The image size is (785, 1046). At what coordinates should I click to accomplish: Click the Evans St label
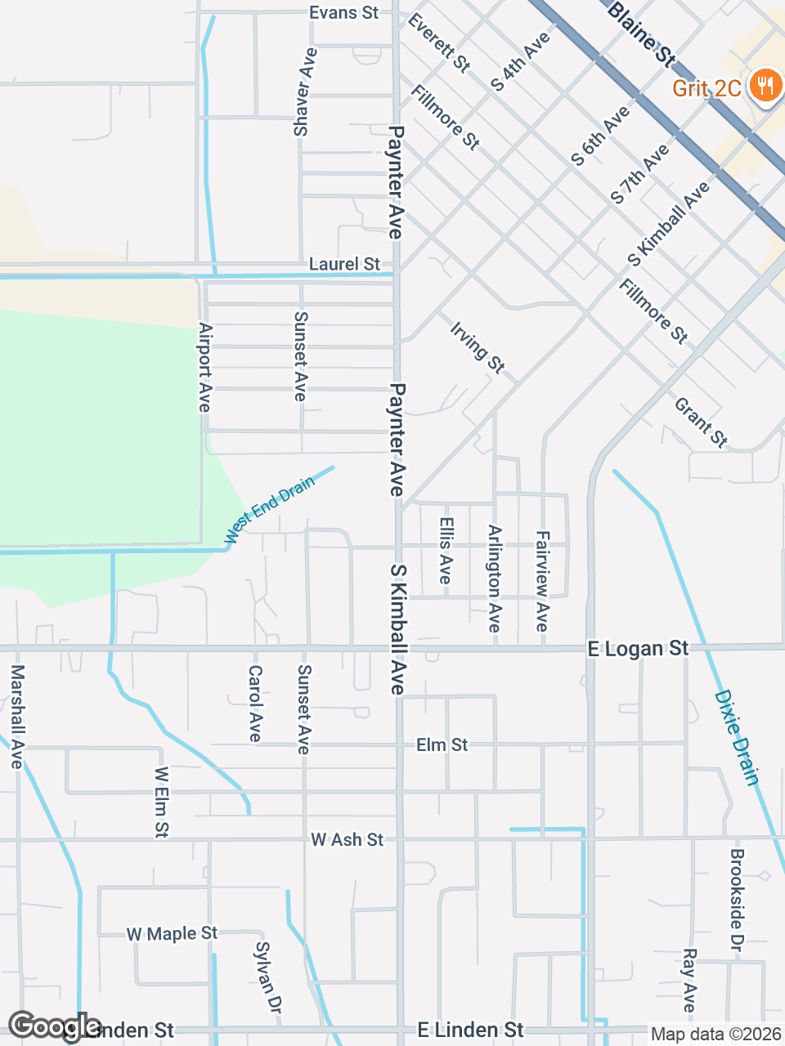[343, 13]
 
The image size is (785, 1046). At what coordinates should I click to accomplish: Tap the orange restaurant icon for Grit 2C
[765, 84]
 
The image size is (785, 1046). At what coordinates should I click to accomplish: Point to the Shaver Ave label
[304, 92]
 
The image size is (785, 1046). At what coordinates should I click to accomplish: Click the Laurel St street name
[344, 264]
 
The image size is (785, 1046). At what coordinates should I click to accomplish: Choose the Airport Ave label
[205, 367]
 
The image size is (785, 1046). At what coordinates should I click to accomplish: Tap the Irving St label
[478, 347]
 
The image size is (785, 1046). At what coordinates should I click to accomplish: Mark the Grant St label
[701, 422]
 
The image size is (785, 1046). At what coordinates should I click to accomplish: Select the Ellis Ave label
[446, 550]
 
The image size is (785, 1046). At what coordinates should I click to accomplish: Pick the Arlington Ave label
[494, 579]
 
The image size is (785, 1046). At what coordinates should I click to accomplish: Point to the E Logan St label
[638, 649]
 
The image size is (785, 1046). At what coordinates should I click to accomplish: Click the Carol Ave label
[255, 704]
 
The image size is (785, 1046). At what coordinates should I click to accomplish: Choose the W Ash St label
[347, 840]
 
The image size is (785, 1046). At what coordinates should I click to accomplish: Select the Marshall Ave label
[17, 716]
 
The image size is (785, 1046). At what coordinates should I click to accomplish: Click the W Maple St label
[172, 933]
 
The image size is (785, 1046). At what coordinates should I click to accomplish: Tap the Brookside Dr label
[736, 900]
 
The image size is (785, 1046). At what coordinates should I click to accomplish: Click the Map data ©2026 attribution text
[715, 1035]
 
